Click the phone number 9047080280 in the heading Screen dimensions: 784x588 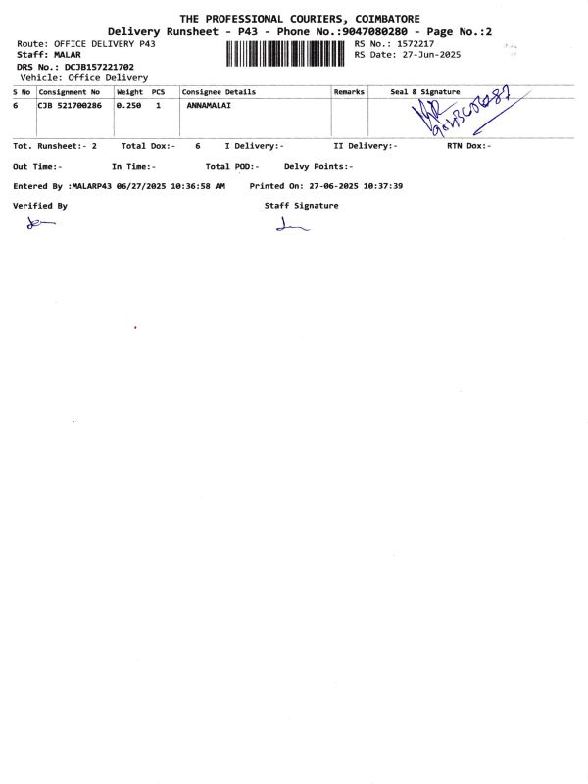(369, 32)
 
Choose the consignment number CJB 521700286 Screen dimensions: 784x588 (70, 105)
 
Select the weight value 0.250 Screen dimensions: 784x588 (130, 105)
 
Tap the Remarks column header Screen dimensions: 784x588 (349, 91)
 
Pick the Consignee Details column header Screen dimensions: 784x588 (219, 91)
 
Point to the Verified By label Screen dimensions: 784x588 (40, 206)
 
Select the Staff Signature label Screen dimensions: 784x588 (301, 206)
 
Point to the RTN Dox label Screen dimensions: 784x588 (462, 145)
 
